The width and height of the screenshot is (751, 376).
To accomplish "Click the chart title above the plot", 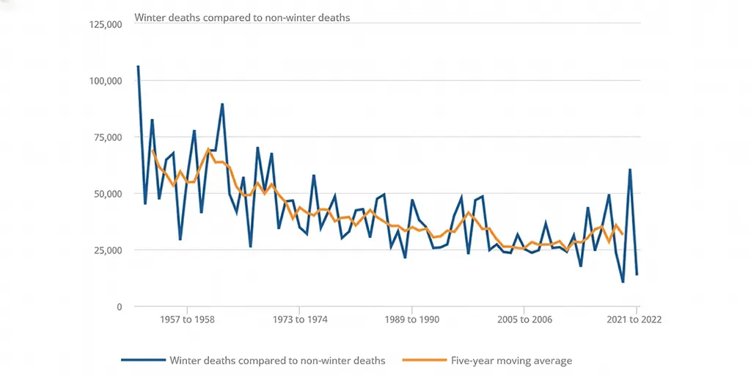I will pyautogui.click(x=242, y=18).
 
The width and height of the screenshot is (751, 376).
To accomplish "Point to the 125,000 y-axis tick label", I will pyautogui.click(x=104, y=24).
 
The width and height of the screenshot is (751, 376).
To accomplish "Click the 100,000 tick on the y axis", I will pyautogui.click(x=104, y=81).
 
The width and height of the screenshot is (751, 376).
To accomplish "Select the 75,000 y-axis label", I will pyautogui.click(x=107, y=137).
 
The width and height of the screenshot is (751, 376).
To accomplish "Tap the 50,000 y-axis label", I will pyautogui.click(x=107, y=194).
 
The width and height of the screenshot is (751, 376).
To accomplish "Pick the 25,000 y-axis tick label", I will pyautogui.click(x=107, y=250).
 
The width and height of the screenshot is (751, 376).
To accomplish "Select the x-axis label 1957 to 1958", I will pyautogui.click(x=187, y=320).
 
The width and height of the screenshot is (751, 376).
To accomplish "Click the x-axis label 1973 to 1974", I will pyautogui.click(x=299, y=320).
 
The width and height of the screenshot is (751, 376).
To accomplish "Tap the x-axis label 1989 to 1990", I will pyautogui.click(x=411, y=320).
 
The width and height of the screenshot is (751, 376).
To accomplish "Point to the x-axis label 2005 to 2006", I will pyautogui.click(x=524, y=320).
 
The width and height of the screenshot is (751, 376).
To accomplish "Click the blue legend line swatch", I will pyautogui.click(x=143, y=361).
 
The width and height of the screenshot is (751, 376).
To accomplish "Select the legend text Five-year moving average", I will pyautogui.click(x=510, y=361).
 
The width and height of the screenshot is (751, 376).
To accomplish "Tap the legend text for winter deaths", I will pyautogui.click(x=277, y=361).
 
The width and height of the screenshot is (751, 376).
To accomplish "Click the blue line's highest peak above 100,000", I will pyautogui.click(x=138, y=66).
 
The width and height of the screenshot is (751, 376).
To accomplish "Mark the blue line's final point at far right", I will pyautogui.click(x=637, y=275).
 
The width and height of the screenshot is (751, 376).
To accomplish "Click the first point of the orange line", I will pyautogui.click(x=153, y=151).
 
